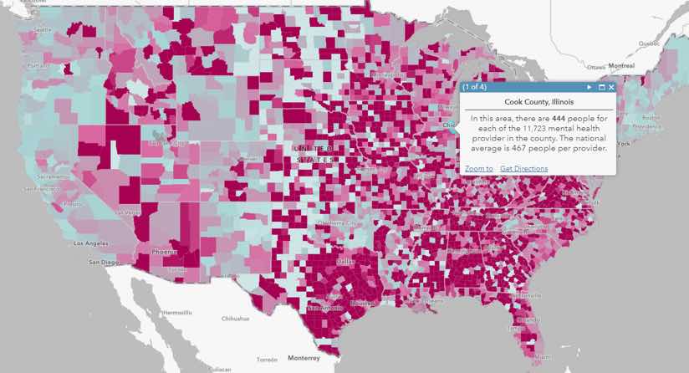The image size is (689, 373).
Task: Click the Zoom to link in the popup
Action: click(x=478, y=169)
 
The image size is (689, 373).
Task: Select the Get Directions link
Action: click(x=523, y=169)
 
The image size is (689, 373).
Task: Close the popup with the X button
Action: click(x=611, y=87)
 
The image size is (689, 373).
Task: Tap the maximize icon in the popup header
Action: click(x=601, y=87)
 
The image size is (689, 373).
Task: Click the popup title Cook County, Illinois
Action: click(x=538, y=102)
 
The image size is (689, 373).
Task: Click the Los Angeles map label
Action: click(x=91, y=244)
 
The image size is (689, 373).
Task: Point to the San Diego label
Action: click(x=105, y=262)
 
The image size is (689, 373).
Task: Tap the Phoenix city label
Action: click(x=164, y=251)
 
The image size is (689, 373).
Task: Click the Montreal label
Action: click(x=621, y=65)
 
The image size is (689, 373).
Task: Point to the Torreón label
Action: click(x=267, y=359)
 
